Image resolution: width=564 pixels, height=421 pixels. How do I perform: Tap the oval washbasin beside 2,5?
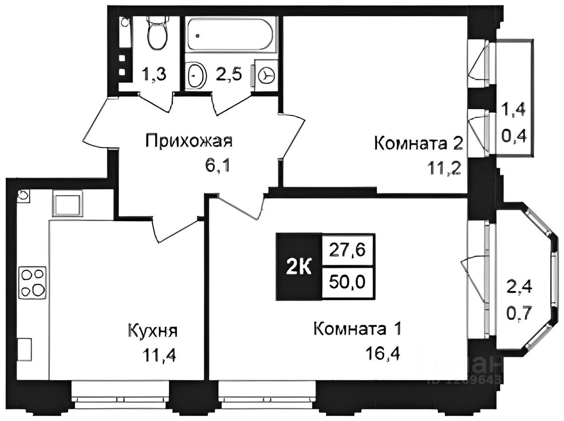pyautogui.click(x=196, y=76)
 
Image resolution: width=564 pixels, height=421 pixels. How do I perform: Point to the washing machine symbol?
pyautogui.click(x=266, y=76)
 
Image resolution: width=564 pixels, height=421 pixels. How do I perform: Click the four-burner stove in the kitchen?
pyautogui.click(x=33, y=283)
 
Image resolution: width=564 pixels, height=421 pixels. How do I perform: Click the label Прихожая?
pyautogui.click(x=189, y=142)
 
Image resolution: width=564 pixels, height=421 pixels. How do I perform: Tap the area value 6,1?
pyautogui.click(x=217, y=166)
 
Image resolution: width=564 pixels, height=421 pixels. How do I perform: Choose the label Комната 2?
pyautogui.click(x=418, y=144)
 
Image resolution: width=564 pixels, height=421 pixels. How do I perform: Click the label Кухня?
pyautogui.click(x=152, y=331)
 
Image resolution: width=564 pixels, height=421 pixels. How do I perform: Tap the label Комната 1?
pyautogui.click(x=358, y=329)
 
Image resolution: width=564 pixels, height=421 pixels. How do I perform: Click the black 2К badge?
pyautogui.click(x=298, y=267)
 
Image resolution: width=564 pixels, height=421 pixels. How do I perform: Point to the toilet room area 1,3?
pyautogui.click(x=154, y=76)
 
